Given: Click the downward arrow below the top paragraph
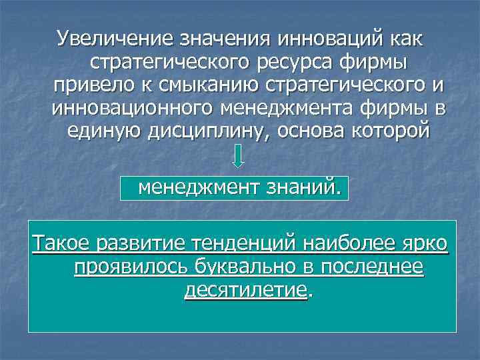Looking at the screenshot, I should click(x=239, y=155).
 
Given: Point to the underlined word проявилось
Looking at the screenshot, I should click(x=130, y=267).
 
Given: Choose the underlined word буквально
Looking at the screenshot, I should click(x=245, y=267).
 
